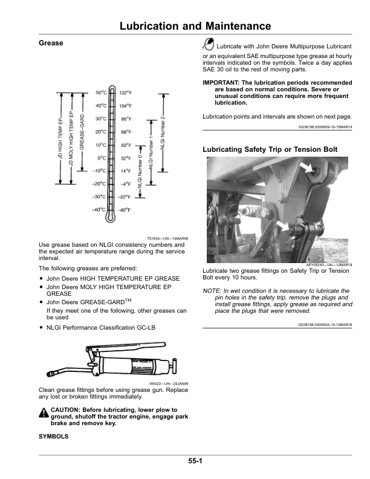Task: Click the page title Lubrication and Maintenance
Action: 195,25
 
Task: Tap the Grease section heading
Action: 51,43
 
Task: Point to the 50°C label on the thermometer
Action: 101,93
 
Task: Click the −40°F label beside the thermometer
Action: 124,210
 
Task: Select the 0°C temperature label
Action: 102,158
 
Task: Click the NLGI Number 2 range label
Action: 163,133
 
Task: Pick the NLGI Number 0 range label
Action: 140,171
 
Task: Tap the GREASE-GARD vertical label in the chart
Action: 82,132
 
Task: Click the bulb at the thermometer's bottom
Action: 110,217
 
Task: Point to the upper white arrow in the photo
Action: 306,167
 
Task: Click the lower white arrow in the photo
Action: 283,226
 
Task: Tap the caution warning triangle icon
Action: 44,412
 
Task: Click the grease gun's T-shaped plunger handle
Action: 174,365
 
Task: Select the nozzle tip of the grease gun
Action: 51,373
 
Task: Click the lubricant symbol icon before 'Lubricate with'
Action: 208,44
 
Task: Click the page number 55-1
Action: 195,461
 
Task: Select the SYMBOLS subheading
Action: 53,437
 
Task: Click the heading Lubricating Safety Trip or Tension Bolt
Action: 270,149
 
